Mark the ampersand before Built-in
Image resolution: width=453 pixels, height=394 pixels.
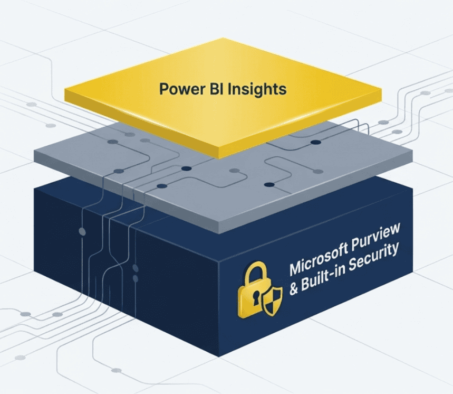point(294,290)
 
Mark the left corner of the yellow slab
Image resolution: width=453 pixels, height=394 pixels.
point(65,93)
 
